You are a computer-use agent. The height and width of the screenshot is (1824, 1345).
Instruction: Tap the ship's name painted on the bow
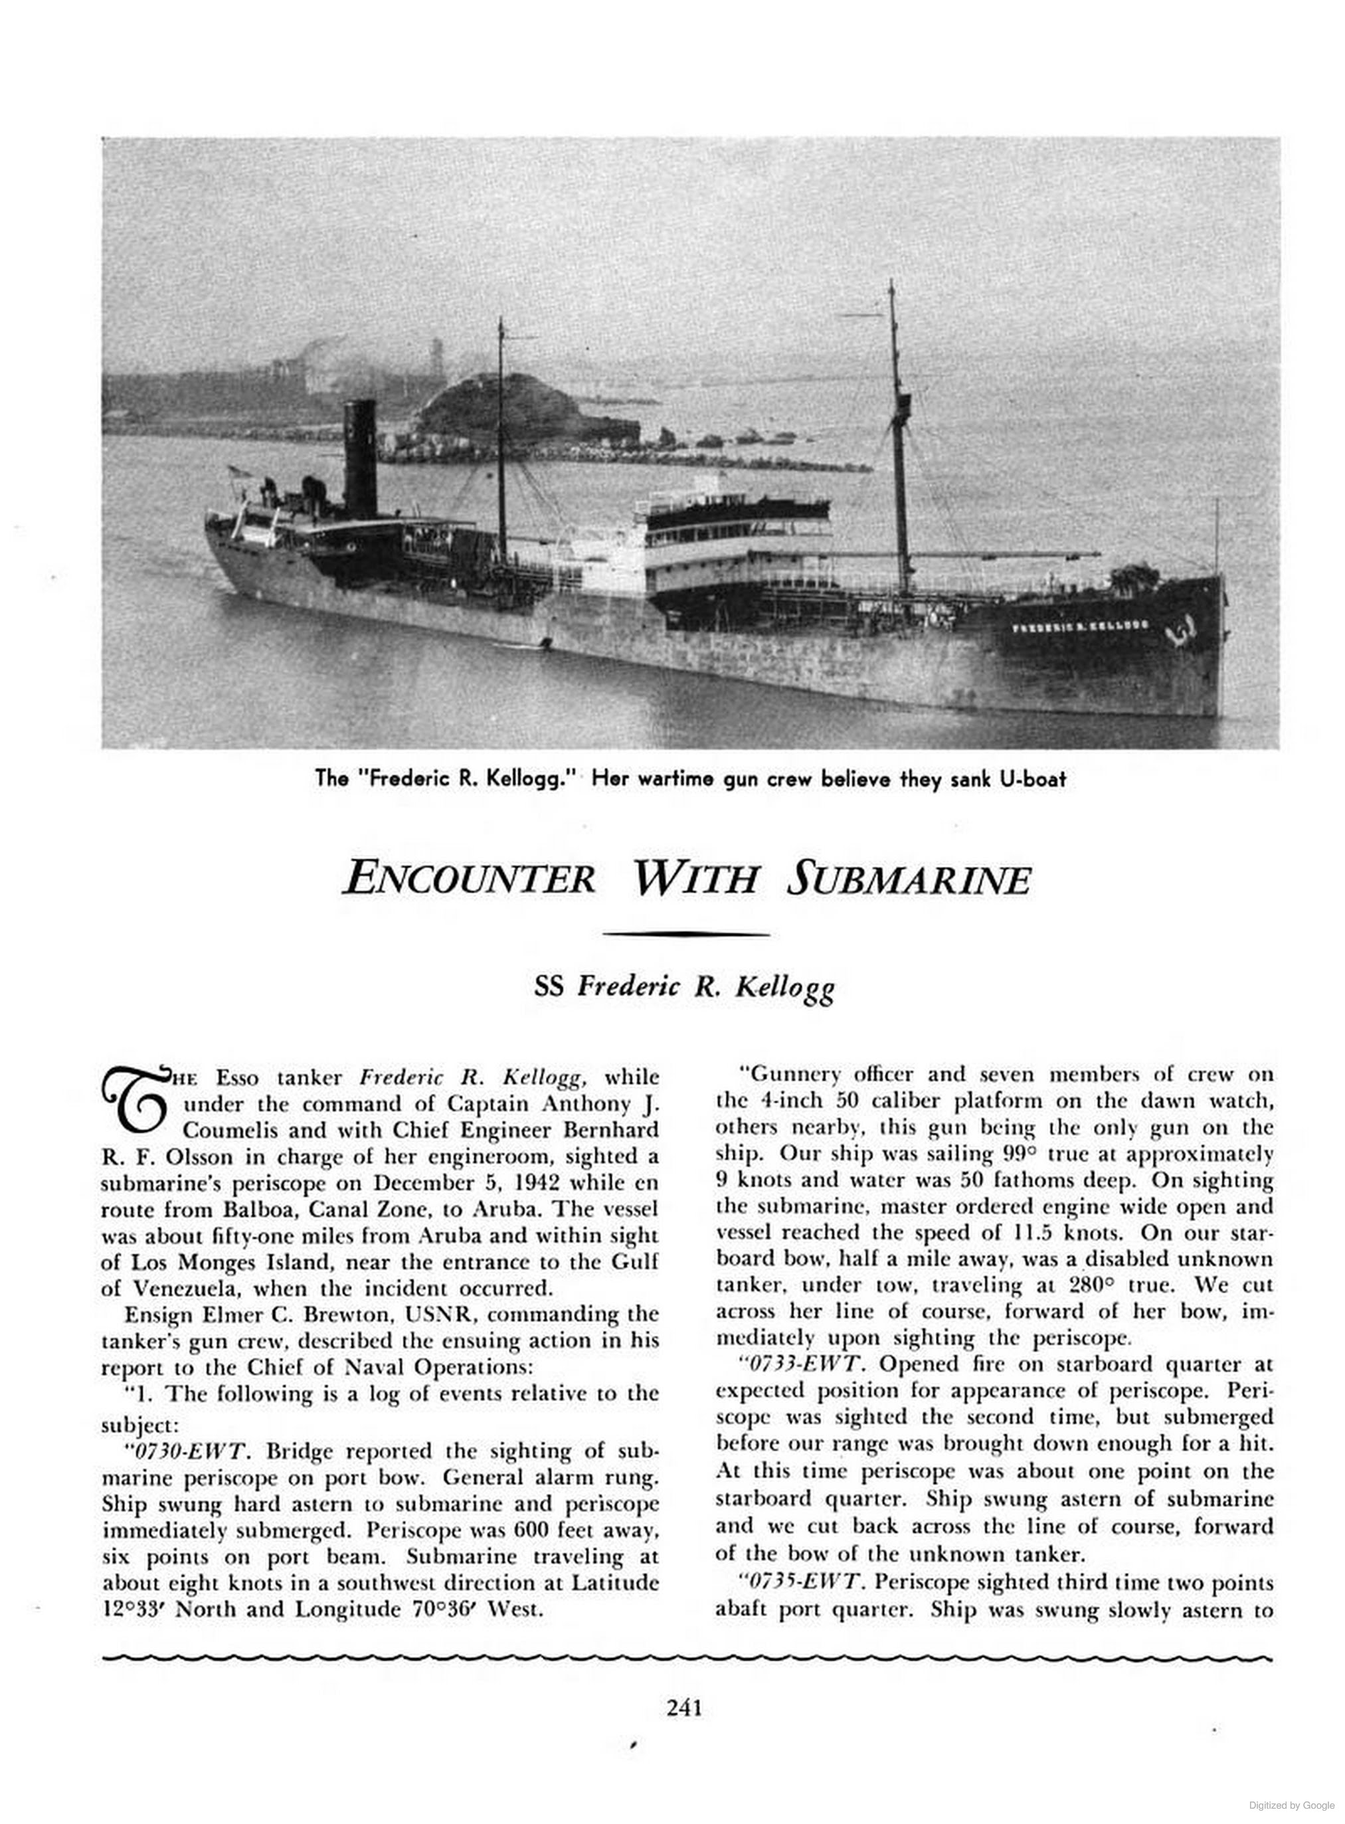[x=1079, y=627]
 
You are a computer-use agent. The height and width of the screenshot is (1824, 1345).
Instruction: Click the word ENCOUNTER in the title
[x=469, y=879]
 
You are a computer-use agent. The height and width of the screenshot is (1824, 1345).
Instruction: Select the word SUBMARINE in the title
[x=909, y=879]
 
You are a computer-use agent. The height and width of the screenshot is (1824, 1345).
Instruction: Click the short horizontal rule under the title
[x=684, y=935]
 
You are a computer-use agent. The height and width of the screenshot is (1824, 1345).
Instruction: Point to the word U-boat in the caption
[x=1034, y=778]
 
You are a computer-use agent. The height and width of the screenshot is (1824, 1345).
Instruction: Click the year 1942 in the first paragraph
[x=517, y=1182]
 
